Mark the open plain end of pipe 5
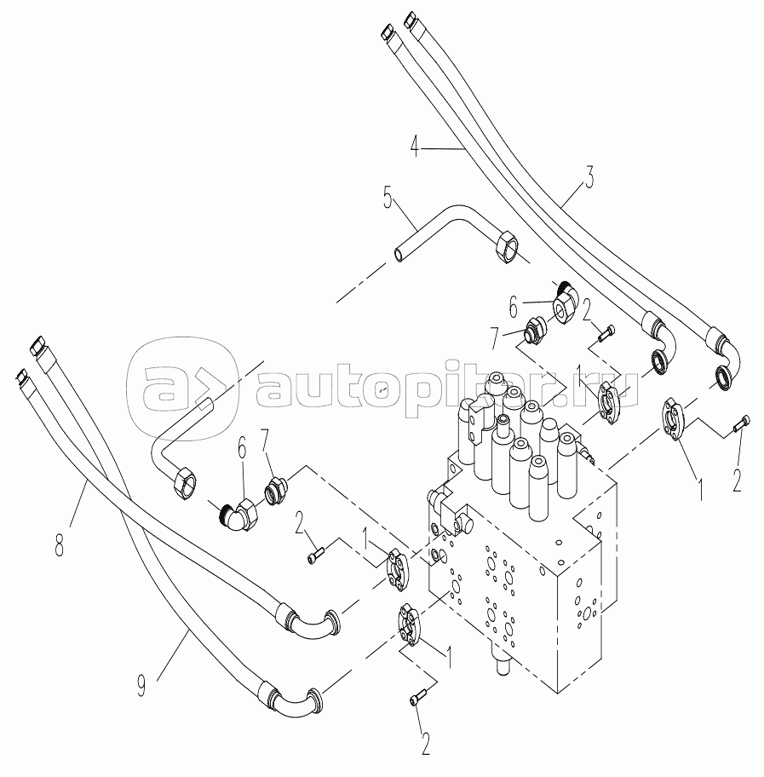pos(399,253)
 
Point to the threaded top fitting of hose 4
pos(386,32)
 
